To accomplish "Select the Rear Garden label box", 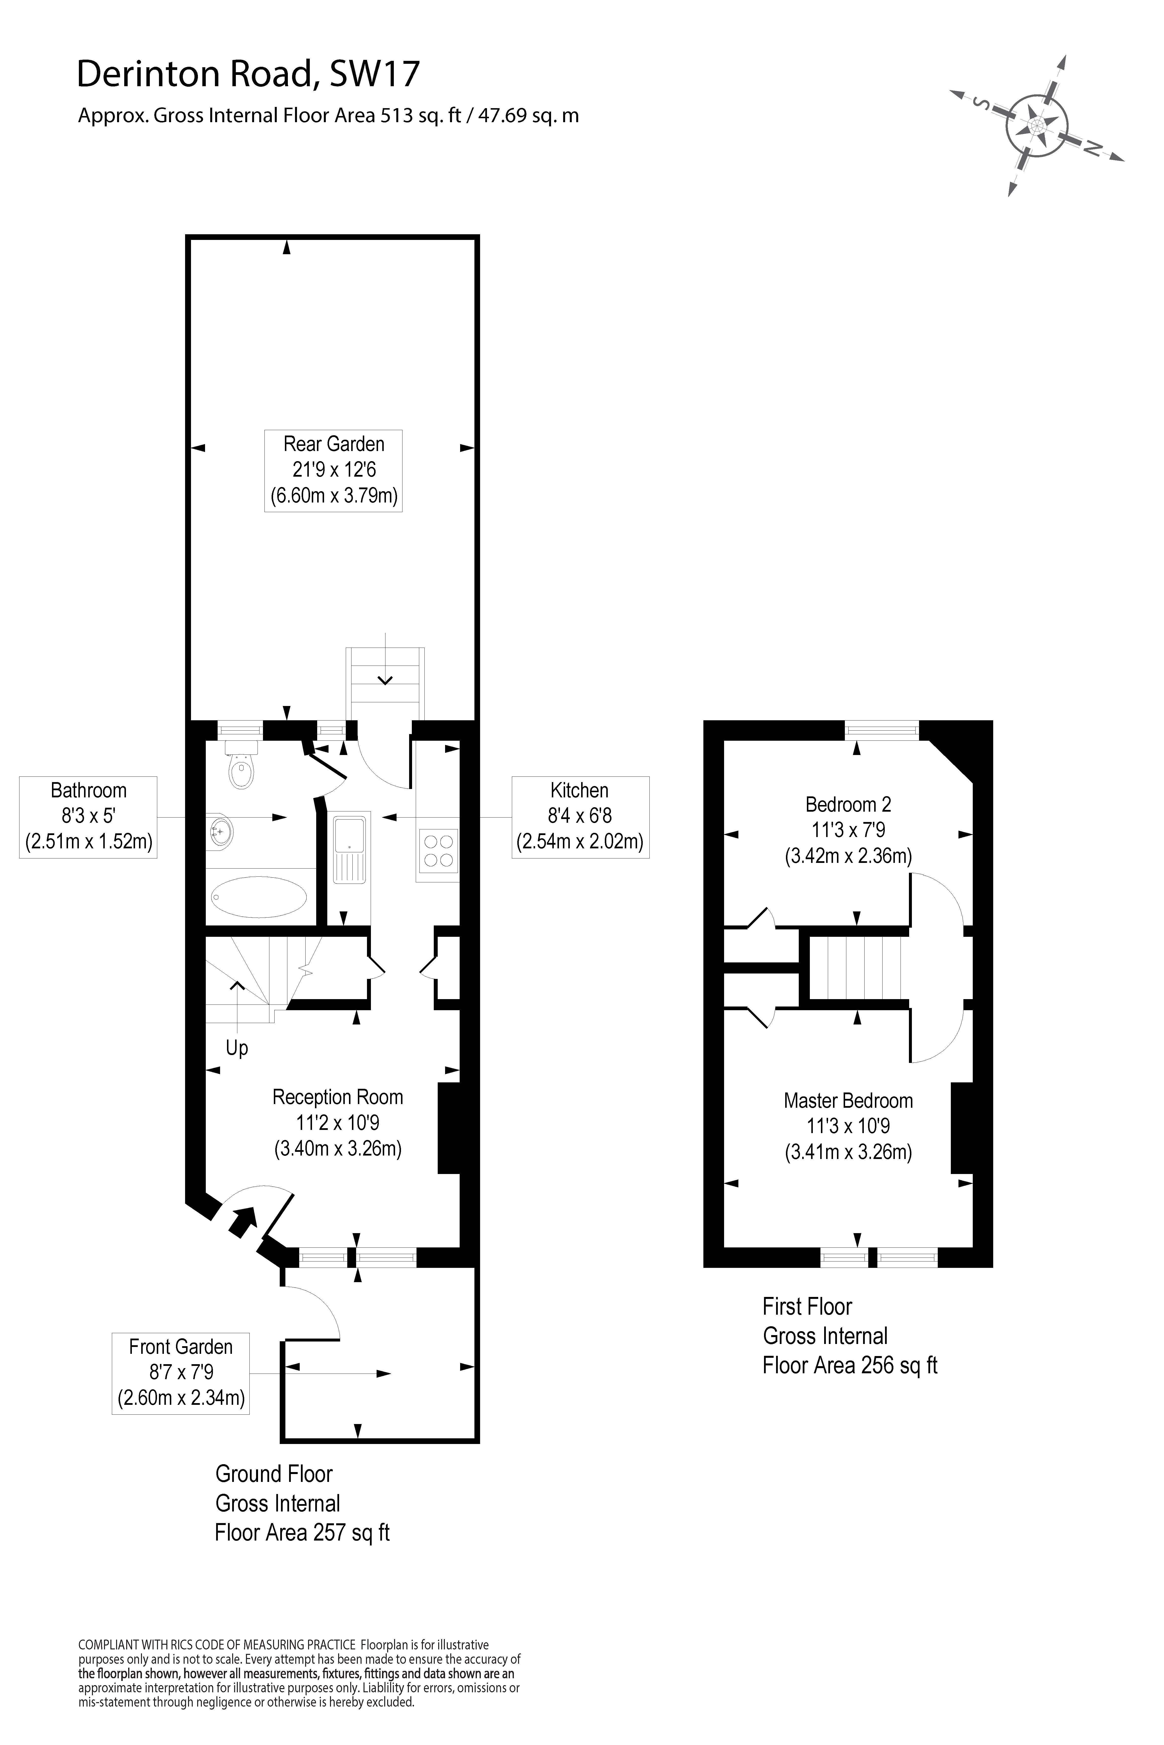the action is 333,470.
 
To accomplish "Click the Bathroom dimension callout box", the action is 88,817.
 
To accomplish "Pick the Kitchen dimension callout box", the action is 580,817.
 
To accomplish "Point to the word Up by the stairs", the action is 237,1048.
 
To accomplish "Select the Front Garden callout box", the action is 180,1373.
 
